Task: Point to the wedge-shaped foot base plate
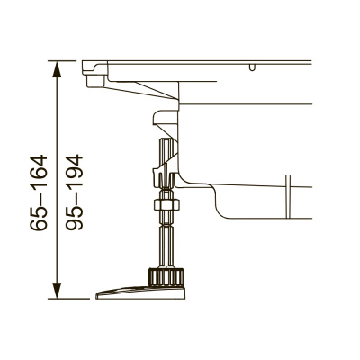(135, 291)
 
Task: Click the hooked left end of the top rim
(90, 76)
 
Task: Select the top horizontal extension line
(67, 61)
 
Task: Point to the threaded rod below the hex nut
(167, 241)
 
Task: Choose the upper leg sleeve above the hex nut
(166, 166)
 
